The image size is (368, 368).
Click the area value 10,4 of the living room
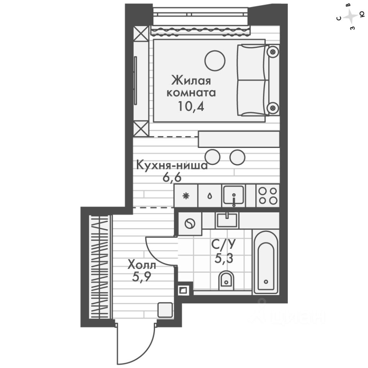[191, 105]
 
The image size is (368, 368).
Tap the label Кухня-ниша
[172, 166]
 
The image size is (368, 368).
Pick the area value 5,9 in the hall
[142, 277]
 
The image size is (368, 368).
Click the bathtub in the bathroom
[266, 262]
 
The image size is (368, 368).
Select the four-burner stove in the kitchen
[268, 195]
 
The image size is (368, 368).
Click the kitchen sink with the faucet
[233, 195]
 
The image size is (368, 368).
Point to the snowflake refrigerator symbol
[186, 196]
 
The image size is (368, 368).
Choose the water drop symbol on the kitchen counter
[210, 196]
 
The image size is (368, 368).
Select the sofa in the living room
[253, 80]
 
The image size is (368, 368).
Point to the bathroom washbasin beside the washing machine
[227, 220]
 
